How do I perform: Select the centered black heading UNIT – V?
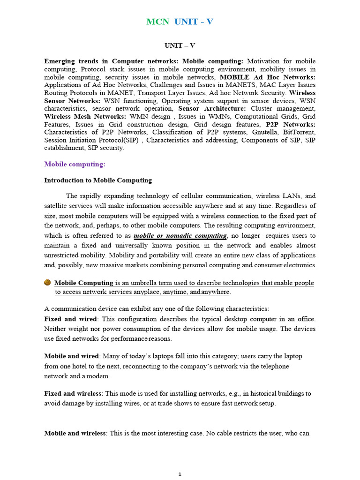click(x=180, y=45)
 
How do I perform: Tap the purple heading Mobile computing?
click(x=75, y=164)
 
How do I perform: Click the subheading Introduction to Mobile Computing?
click(x=98, y=180)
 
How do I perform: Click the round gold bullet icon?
click(x=47, y=283)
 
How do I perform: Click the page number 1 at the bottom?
click(x=180, y=474)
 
